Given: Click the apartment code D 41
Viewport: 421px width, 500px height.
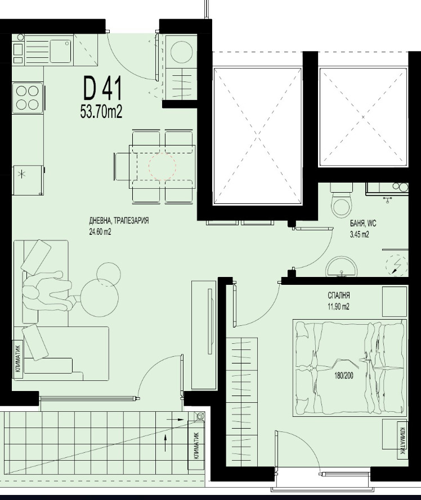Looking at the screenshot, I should (102, 89).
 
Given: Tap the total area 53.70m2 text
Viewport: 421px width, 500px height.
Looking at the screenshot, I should (101, 112).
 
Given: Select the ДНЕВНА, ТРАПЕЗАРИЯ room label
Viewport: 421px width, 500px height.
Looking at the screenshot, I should (119, 221).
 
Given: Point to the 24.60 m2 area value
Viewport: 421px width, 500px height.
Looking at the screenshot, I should (100, 231).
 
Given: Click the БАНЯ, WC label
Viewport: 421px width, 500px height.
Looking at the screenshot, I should (362, 223).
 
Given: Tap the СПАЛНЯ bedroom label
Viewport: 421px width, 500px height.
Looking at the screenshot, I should (339, 296).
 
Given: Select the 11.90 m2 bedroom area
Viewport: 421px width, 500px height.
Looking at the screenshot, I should (339, 307).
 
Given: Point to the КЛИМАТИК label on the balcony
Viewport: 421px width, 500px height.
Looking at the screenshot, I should (196, 444).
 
